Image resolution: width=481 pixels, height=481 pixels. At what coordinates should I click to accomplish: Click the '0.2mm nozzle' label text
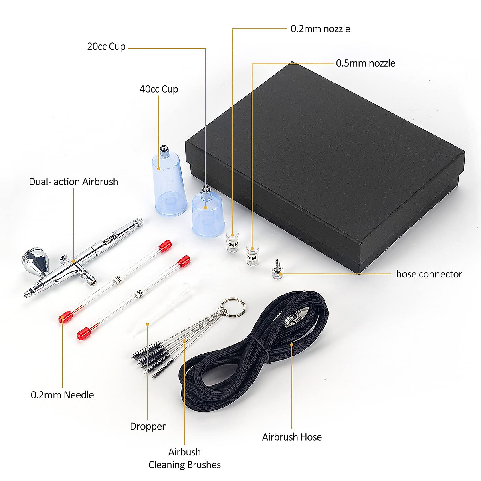point(320,29)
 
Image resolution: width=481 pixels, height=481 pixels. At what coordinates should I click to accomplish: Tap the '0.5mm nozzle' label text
point(365,63)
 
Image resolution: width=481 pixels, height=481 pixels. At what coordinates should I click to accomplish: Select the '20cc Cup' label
point(106,46)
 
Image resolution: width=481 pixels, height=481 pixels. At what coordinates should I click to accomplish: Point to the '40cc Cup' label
point(159,89)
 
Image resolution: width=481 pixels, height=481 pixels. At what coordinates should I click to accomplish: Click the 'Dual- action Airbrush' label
point(73,182)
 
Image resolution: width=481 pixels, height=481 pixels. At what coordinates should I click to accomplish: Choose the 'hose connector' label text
point(429,274)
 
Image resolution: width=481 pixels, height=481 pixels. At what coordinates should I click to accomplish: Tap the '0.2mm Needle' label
point(63,395)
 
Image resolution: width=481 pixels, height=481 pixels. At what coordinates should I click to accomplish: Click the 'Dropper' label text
point(148,426)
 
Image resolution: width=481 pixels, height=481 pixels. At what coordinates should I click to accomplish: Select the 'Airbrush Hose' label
point(292,437)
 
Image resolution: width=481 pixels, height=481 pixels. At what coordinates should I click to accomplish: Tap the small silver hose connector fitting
point(276,270)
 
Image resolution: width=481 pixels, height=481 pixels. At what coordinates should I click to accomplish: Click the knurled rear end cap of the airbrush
point(137,222)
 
